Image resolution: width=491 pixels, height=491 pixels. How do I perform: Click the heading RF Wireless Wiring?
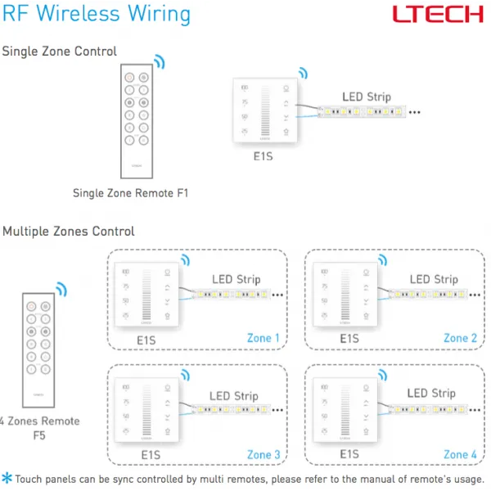(x=96, y=14)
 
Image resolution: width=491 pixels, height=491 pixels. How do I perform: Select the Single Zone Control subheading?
(x=59, y=52)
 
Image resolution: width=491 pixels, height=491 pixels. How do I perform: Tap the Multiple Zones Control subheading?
(x=68, y=232)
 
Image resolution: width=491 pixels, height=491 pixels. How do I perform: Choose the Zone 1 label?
(x=264, y=338)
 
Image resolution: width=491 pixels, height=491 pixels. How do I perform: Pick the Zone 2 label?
(x=461, y=338)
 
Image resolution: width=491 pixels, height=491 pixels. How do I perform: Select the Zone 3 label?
(x=264, y=454)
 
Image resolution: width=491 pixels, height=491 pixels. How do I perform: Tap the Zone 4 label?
(x=461, y=454)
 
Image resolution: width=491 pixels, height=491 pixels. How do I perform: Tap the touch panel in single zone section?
(x=265, y=111)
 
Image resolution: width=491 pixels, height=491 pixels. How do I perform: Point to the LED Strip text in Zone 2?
(x=434, y=280)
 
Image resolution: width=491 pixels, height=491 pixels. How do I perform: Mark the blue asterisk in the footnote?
(x=7, y=479)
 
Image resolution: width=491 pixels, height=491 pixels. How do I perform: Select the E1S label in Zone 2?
(x=349, y=338)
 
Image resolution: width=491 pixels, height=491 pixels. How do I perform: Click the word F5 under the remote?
(x=39, y=436)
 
